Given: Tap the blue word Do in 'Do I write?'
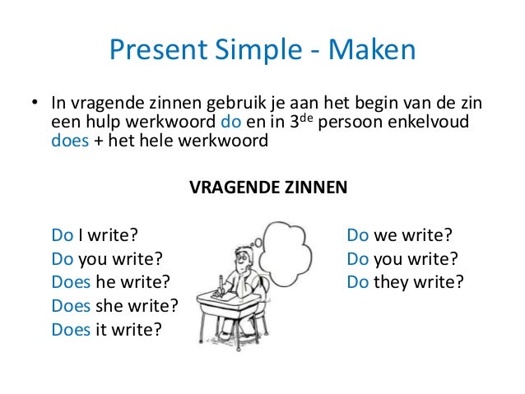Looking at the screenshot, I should tap(63, 237).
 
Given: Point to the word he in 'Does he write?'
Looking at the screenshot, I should tap(105, 284).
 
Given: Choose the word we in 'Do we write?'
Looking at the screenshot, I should tap(386, 237).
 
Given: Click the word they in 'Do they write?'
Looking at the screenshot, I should tap(392, 284).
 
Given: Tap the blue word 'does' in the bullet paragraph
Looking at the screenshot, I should tap(67, 141).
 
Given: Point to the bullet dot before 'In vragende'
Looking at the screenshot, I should tap(35, 105).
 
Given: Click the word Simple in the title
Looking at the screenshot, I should tap(255, 53).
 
